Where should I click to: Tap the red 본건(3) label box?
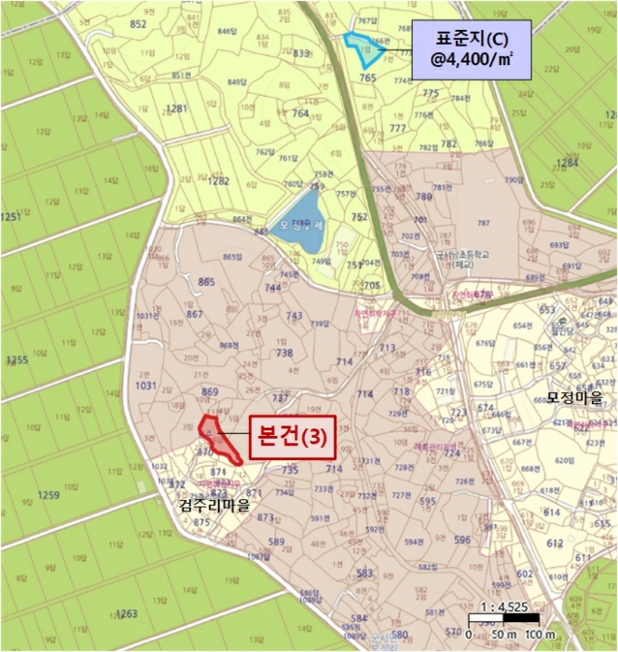[x=291, y=439]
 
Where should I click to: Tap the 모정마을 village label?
[x=574, y=398]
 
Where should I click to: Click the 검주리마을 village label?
[x=213, y=507]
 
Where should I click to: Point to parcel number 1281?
[x=176, y=108]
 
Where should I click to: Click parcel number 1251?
[x=10, y=217]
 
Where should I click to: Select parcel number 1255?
[x=16, y=360]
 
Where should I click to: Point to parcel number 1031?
[x=145, y=386]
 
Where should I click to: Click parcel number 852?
[x=139, y=24]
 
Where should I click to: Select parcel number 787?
[x=483, y=224]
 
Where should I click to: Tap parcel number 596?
[x=461, y=539]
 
